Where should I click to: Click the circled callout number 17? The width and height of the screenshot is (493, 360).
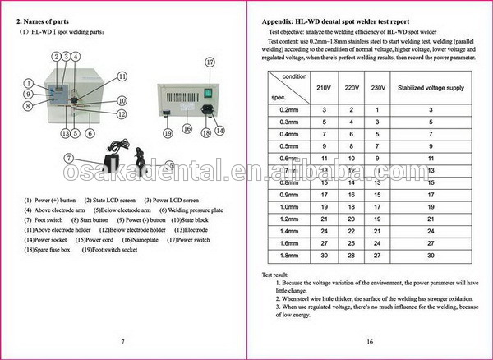click(209, 62)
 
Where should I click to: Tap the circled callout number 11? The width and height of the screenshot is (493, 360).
click(122, 76)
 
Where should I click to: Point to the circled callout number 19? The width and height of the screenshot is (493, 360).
click(168, 133)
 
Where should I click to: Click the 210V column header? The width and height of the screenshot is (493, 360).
click(324, 86)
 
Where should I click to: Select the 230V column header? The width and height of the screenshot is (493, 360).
click(378, 86)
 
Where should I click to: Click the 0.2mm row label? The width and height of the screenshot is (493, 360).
click(288, 109)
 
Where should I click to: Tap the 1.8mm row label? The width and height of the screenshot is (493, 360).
click(288, 255)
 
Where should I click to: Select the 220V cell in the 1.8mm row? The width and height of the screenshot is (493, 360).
click(351, 255)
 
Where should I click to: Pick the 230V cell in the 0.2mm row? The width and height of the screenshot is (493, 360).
click(378, 109)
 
